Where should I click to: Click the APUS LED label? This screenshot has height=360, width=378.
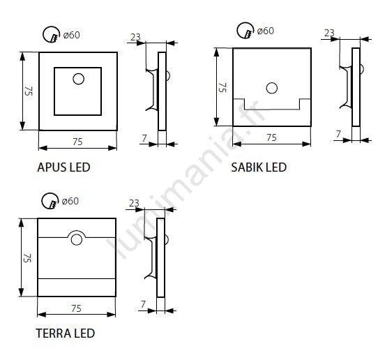(63, 167)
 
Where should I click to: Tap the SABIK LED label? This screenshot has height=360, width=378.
(259, 167)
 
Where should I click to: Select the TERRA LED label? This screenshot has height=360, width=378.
(66, 333)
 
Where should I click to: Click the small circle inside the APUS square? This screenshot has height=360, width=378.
(78, 79)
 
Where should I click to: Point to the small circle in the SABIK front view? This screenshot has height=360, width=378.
(272, 88)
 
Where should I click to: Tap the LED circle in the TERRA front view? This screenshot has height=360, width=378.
(77, 239)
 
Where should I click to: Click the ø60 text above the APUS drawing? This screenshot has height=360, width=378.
(71, 35)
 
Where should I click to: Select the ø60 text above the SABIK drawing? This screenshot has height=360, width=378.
(266, 31)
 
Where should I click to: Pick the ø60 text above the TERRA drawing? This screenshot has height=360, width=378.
(70, 201)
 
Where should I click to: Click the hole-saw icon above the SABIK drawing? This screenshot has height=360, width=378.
(245, 31)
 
